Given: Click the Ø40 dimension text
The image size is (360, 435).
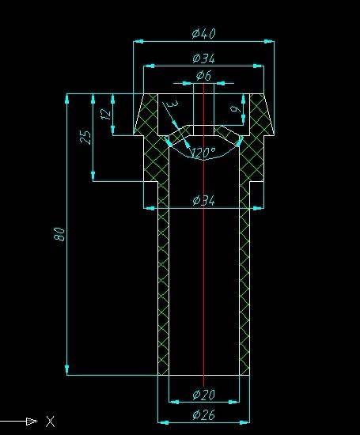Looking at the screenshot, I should tap(203, 33).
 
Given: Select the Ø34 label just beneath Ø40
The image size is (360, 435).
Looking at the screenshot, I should tap(203, 59).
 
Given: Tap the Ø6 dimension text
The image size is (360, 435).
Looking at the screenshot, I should tap(203, 76).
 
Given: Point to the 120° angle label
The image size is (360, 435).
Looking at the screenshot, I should tap(203, 153).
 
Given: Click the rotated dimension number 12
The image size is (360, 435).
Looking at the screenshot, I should tap(106, 114).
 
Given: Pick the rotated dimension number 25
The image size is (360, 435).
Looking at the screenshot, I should tap(87, 137).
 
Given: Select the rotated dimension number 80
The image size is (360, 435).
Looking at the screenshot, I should tap(59, 233).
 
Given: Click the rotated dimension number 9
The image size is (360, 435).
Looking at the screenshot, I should tap(234, 108).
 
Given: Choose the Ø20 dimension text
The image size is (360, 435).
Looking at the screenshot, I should tap(203, 395).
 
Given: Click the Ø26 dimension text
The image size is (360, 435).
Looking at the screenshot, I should tap(203, 414).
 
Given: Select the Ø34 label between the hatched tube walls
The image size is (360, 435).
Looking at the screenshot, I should tap(203, 201).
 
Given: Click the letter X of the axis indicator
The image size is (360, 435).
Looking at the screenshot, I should tap(51, 421).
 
